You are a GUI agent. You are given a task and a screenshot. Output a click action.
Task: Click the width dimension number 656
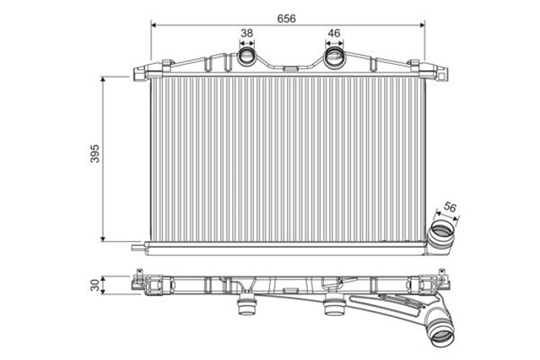click(288, 14)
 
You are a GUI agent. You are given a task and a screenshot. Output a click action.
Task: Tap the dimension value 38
click(247, 34)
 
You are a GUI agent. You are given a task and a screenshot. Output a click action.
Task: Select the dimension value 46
click(333, 34)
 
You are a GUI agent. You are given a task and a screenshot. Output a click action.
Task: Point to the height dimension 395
click(95, 156)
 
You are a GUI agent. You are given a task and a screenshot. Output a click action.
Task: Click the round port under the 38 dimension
click(247, 58)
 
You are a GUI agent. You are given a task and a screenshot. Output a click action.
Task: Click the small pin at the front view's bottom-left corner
click(138, 248)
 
